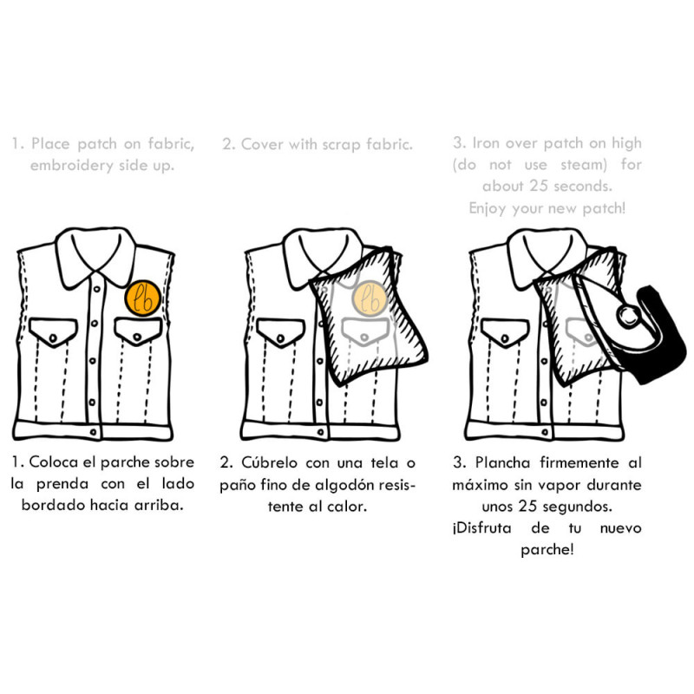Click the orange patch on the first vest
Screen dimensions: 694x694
pyautogui.click(x=142, y=298)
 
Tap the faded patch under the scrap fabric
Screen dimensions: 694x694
pyautogui.click(x=370, y=298)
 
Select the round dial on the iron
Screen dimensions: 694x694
pyautogui.click(x=628, y=316)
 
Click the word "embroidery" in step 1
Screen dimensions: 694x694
pyautogui.click(x=72, y=165)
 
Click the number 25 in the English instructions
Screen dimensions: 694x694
pyautogui.click(x=539, y=186)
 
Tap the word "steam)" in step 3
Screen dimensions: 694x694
pyautogui.click(x=584, y=165)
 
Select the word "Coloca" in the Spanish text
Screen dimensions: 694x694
pyautogui.click(x=54, y=462)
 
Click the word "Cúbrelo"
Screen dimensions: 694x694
pyautogui.click(x=269, y=463)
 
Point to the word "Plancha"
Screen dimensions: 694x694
pyautogui.click(x=503, y=463)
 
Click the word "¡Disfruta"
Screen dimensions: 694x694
pyautogui.click(x=481, y=528)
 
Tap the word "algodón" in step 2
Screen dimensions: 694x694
pyautogui.click(x=345, y=485)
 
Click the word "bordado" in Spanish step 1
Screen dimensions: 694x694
pyautogui.click(x=54, y=505)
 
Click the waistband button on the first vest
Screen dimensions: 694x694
pyautogui.click(x=93, y=431)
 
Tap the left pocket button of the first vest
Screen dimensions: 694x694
pyautogui.click(x=53, y=338)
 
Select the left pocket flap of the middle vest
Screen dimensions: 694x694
pyautogui.click(x=280, y=331)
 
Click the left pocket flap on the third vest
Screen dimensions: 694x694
pyautogui.click(x=505, y=332)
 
